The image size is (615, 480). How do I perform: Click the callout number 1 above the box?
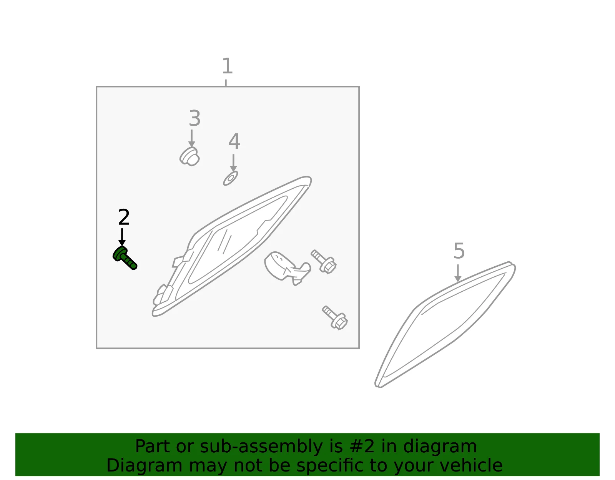[228, 66]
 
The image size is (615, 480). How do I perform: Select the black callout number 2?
[124, 217]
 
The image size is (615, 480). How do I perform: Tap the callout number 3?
[195, 118]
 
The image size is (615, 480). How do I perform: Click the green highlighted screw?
[125, 258]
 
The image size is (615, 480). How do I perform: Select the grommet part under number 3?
[189, 156]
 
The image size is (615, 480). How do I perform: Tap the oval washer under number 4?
[230, 178]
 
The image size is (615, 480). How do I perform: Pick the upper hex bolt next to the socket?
[324, 261]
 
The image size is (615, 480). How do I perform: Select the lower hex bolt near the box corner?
[335, 317]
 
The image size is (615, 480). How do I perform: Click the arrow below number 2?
[122, 237]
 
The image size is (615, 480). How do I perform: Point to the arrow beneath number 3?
[191, 138]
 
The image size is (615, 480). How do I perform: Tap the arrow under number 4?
[233, 163]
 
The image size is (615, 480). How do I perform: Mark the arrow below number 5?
[458, 273]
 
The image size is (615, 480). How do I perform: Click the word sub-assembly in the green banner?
[261, 446]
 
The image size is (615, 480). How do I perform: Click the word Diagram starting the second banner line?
[144, 465]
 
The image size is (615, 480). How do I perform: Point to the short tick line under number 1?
[226, 83]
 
